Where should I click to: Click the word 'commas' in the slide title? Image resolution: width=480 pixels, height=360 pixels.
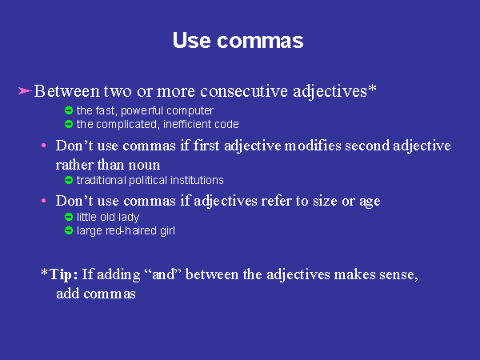(x=260, y=41)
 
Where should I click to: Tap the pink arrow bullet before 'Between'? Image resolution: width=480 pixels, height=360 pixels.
(x=25, y=91)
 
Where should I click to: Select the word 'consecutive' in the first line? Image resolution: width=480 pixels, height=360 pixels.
(x=244, y=91)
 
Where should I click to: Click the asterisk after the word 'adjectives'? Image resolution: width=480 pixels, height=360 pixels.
(x=372, y=88)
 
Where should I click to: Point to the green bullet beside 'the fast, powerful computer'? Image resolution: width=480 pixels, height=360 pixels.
(x=69, y=110)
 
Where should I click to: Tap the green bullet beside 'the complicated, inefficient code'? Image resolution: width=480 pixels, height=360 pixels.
(x=69, y=124)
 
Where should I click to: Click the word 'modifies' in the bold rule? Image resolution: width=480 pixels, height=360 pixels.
(x=313, y=146)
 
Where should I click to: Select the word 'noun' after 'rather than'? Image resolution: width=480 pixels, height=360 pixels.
(x=145, y=166)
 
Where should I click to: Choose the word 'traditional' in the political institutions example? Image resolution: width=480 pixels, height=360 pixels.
(x=101, y=180)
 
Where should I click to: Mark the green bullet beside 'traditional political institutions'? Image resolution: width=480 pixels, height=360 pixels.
(x=69, y=180)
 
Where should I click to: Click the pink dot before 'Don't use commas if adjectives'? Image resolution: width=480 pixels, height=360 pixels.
(x=44, y=201)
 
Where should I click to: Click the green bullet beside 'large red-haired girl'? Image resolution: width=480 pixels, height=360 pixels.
(x=69, y=230)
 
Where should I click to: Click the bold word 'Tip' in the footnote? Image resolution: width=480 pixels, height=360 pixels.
(x=61, y=274)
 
